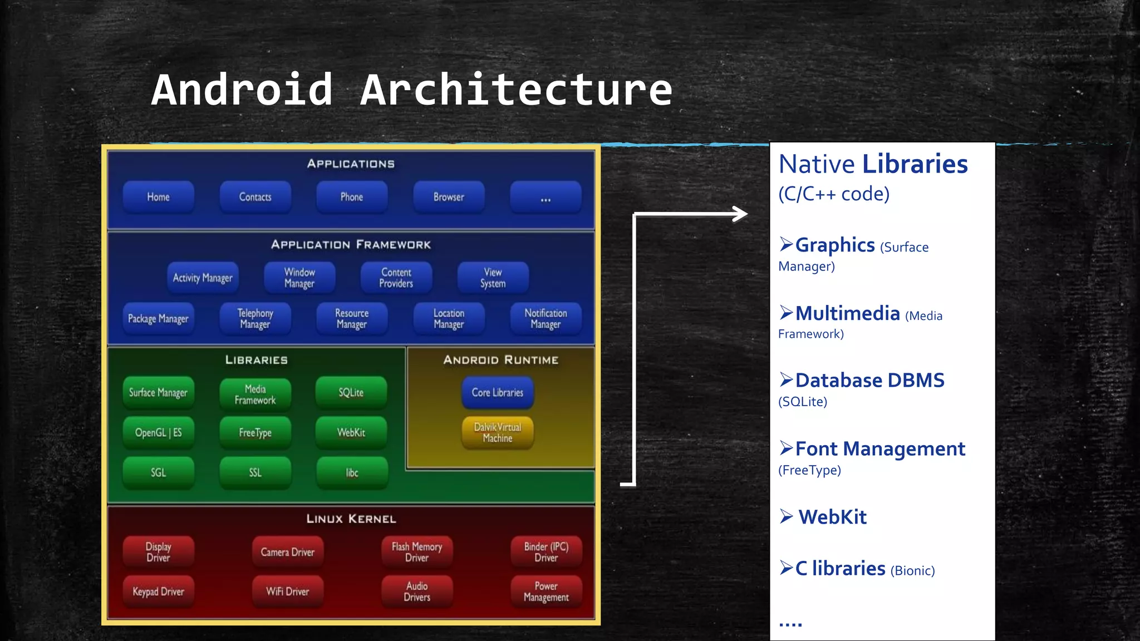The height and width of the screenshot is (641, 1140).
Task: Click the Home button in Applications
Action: pyautogui.click(x=159, y=197)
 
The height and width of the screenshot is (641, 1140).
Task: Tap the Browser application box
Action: pyautogui.click(x=449, y=197)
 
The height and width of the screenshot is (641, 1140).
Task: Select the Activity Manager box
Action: pyautogui.click(x=203, y=278)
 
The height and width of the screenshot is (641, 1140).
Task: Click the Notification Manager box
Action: pyautogui.click(x=546, y=318)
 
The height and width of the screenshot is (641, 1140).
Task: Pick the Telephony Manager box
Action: pyautogui.click(x=255, y=318)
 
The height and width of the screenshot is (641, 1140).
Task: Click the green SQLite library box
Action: pyautogui.click(x=351, y=392)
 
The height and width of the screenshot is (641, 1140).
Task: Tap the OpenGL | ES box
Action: pyautogui.click(x=159, y=432)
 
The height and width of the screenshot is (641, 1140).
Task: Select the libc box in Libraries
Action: pyautogui.click(x=352, y=473)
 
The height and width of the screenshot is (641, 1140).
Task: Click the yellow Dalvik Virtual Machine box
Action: pyautogui.click(x=498, y=432)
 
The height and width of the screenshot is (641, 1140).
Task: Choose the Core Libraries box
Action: pyautogui.click(x=498, y=392)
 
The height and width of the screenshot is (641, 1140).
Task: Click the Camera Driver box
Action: pyautogui.click(x=288, y=552)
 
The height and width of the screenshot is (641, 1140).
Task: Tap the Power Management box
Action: pyautogui.click(x=546, y=591)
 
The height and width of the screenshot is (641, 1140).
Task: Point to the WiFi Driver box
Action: pyautogui.click(x=288, y=591)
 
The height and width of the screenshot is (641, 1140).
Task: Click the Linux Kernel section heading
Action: pyautogui.click(x=351, y=519)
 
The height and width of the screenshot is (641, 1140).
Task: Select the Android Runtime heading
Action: pyautogui.click(x=501, y=360)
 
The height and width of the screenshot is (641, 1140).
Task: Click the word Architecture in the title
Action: pyautogui.click(x=517, y=90)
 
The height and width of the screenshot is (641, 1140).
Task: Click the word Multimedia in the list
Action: pyautogui.click(x=847, y=313)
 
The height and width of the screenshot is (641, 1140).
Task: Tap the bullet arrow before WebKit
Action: pyautogui.click(x=786, y=517)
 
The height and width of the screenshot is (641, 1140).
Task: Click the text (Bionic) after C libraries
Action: pyautogui.click(x=912, y=571)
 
